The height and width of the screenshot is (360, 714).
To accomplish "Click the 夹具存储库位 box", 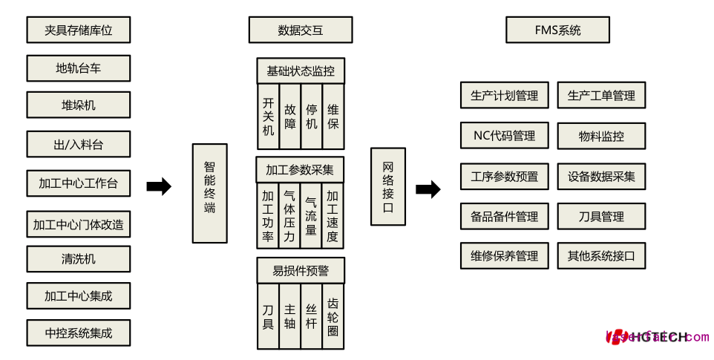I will (x=78, y=30).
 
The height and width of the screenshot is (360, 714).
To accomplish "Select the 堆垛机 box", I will (x=78, y=105).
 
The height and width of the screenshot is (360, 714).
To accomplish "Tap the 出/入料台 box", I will (x=78, y=144).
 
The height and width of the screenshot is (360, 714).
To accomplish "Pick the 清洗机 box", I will (x=78, y=259).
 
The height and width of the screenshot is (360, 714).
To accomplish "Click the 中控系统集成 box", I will (x=78, y=333).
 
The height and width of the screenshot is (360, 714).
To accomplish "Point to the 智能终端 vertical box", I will (x=209, y=193).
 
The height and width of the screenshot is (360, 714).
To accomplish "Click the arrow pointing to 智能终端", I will (x=159, y=187).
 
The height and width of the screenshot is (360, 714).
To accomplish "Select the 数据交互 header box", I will (x=300, y=30).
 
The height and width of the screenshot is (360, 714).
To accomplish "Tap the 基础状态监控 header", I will (x=301, y=71).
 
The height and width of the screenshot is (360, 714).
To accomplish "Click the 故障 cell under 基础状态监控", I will (x=290, y=117).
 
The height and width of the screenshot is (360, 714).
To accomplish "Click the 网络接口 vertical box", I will (x=388, y=186).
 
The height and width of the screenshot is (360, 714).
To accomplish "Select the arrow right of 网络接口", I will (x=428, y=189).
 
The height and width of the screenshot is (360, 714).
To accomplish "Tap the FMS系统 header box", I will (x=557, y=30).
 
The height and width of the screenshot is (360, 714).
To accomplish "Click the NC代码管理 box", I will (x=504, y=136).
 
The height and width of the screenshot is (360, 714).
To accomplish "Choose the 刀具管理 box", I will (x=601, y=217).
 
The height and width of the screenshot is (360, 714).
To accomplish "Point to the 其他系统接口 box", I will (x=601, y=256).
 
